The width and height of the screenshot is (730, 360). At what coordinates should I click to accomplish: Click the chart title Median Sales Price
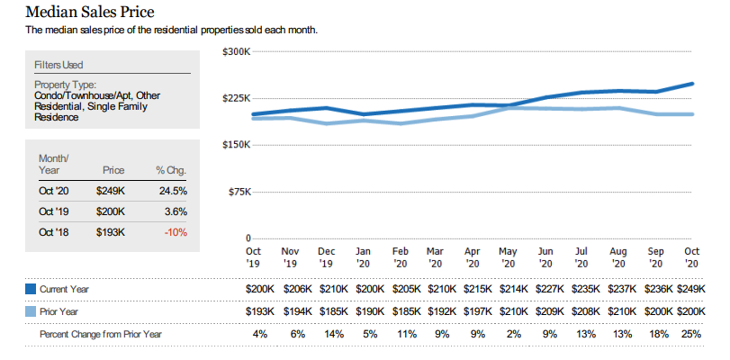click(89, 12)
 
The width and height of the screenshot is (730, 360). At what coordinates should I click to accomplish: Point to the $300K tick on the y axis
click(235, 51)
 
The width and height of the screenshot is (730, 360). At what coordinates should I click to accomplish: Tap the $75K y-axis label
click(237, 192)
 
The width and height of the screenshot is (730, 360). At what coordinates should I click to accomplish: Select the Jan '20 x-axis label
click(363, 257)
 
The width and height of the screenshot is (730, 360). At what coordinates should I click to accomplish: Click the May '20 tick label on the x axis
click(508, 257)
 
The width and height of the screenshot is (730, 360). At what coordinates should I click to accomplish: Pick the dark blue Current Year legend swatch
click(30, 289)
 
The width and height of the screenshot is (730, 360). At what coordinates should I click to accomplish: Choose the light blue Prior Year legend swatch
click(30, 311)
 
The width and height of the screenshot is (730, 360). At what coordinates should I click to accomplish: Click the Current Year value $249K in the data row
click(690, 289)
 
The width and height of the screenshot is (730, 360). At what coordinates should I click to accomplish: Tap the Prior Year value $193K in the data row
click(261, 311)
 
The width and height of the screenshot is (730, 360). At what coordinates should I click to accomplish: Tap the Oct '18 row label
click(53, 231)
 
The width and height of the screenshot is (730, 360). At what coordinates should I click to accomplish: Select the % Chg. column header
click(171, 169)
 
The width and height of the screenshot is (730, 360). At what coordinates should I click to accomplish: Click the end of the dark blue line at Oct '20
click(692, 84)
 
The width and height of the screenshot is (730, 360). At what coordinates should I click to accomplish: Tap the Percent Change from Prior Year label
click(101, 334)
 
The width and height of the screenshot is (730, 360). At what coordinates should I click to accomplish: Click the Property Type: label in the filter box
click(65, 85)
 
